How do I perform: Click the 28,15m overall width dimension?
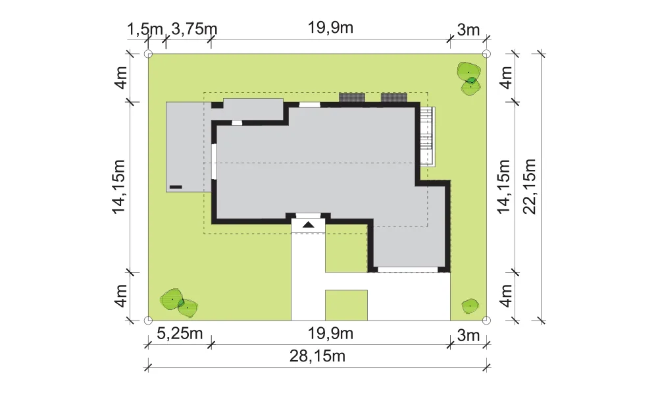pyautogui.click(x=317, y=356)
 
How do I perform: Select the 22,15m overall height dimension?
pyautogui.click(x=530, y=186)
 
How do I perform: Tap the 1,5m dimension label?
pyautogui.click(x=145, y=30)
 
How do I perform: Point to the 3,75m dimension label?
pyautogui.click(x=194, y=30)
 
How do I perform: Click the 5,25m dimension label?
pyautogui.click(x=180, y=334)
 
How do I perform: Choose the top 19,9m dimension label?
pyautogui.click(x=331, y=28)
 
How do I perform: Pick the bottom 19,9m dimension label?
pyautogui.click(x=331, y=334)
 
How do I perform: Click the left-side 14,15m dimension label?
pyautogui.click(x=118, y=186)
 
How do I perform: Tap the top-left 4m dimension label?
pyautogui.click(x=121, y=77)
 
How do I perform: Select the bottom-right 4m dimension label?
pyautogui.click(x=506, y=296)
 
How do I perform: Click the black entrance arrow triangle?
pyautogui.click(x=309, y=225)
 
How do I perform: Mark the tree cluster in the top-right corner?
pyautogui.click(x=468, y=78)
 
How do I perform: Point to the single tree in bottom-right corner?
pyautogui.click(x=470, y=306)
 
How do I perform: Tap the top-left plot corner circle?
pyautogui.click(x=148, y=54)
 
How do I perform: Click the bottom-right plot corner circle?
pyautogui.click(x=486, y=321)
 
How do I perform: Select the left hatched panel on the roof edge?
pyautogui.click(x=351, y=97)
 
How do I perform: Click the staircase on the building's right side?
pyautogui.click(x=427, y=136)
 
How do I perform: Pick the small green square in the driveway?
pyautogui.click(x=346, y=305)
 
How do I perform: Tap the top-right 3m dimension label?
pyautogui.click(x=468, y=30)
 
